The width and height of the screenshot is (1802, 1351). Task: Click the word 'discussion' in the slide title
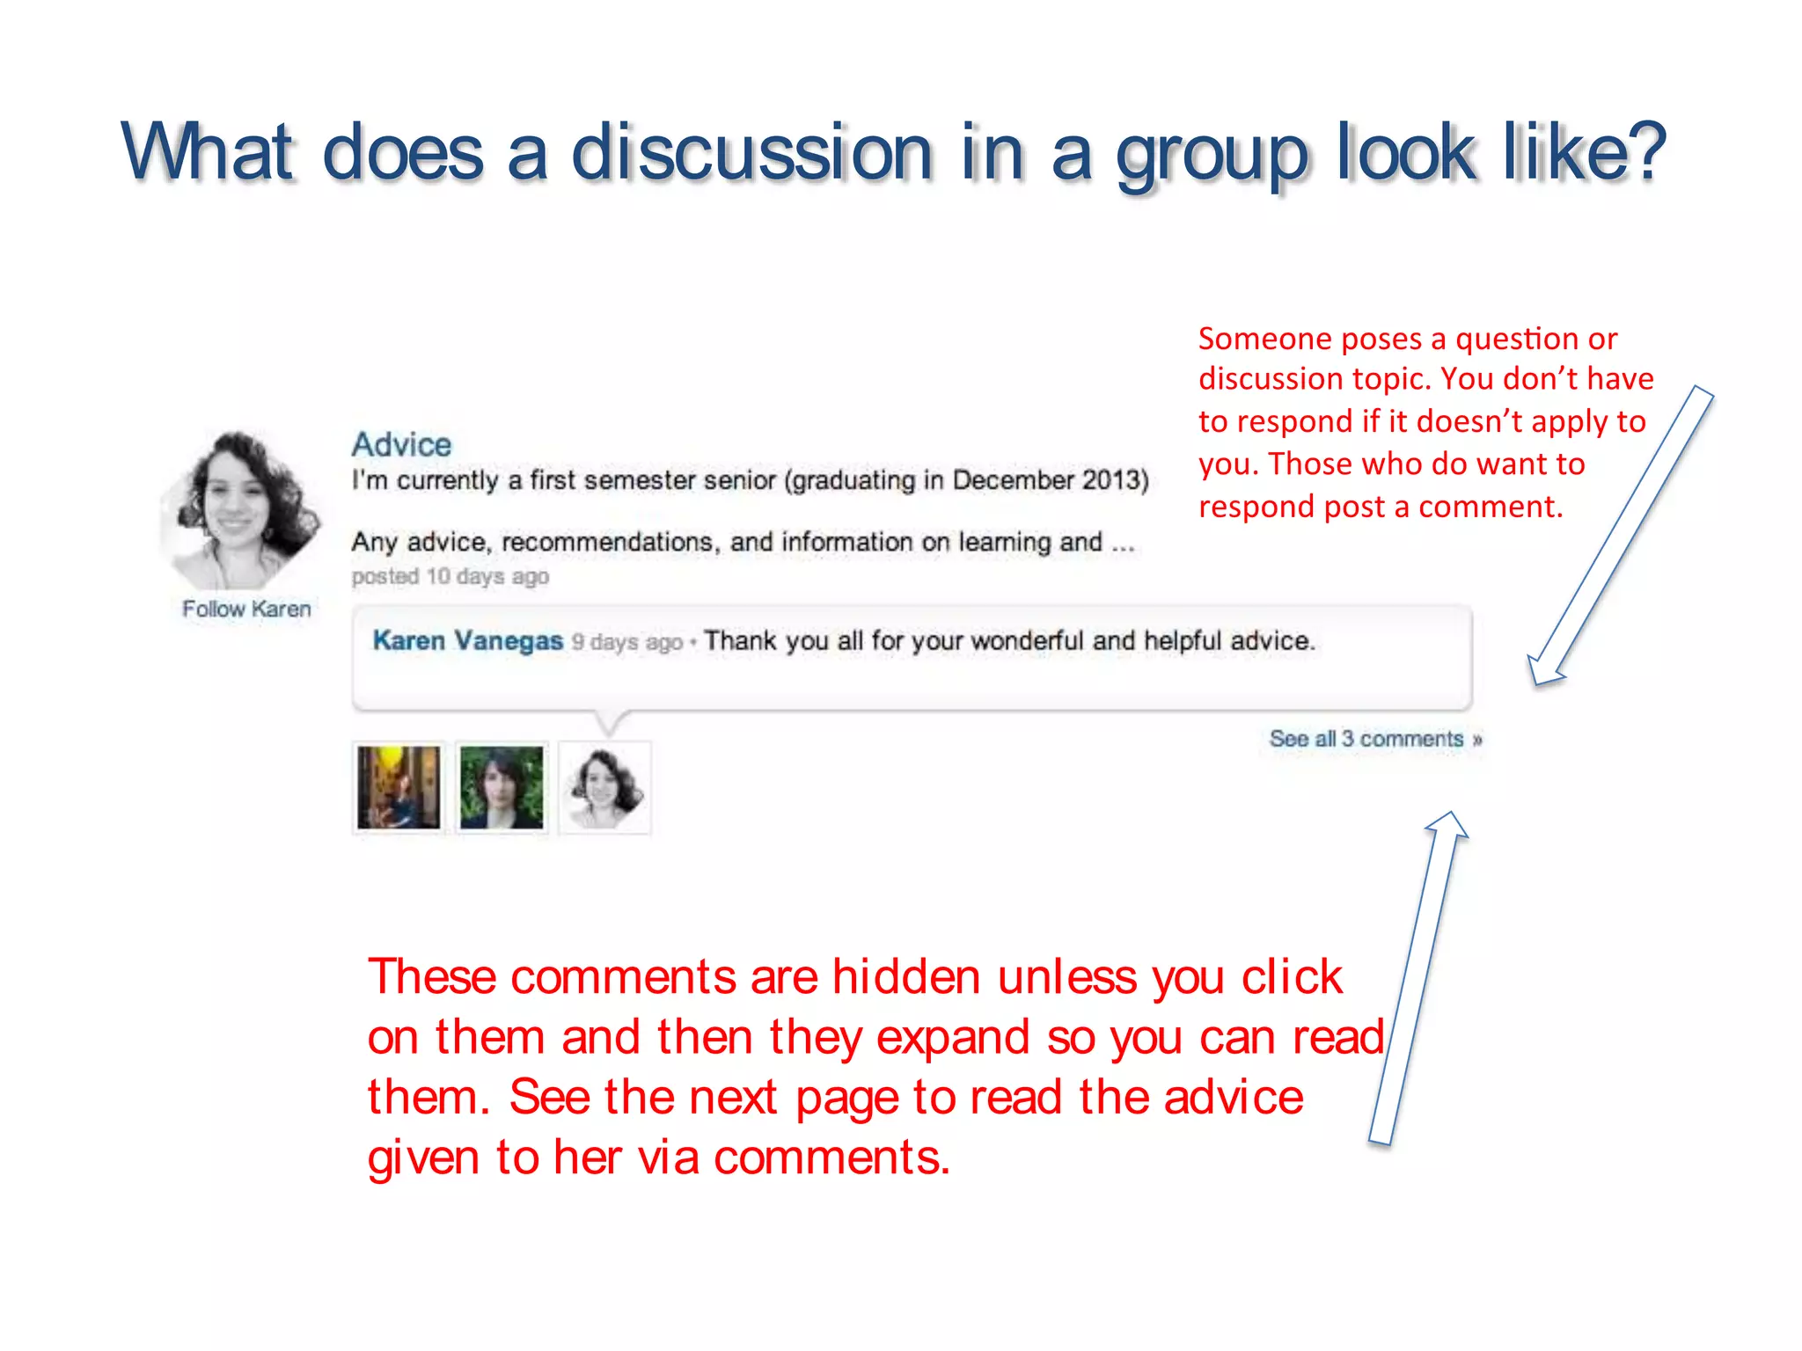[751, 153]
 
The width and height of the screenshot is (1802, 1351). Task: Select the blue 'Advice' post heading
[401, 444]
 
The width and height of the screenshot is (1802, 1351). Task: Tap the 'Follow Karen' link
[246, 609]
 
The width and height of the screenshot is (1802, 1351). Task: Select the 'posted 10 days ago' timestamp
[450, 576]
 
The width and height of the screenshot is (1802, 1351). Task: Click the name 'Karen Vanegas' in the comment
[467, 640]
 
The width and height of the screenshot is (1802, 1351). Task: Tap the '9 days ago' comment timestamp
[626, 642]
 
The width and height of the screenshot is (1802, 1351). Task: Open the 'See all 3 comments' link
[1374, 739]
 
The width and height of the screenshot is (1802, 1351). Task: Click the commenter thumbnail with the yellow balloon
[399, 787]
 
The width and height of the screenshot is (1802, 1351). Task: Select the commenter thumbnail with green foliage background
[502, 787]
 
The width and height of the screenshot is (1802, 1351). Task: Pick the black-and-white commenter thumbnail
[604, 787]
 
